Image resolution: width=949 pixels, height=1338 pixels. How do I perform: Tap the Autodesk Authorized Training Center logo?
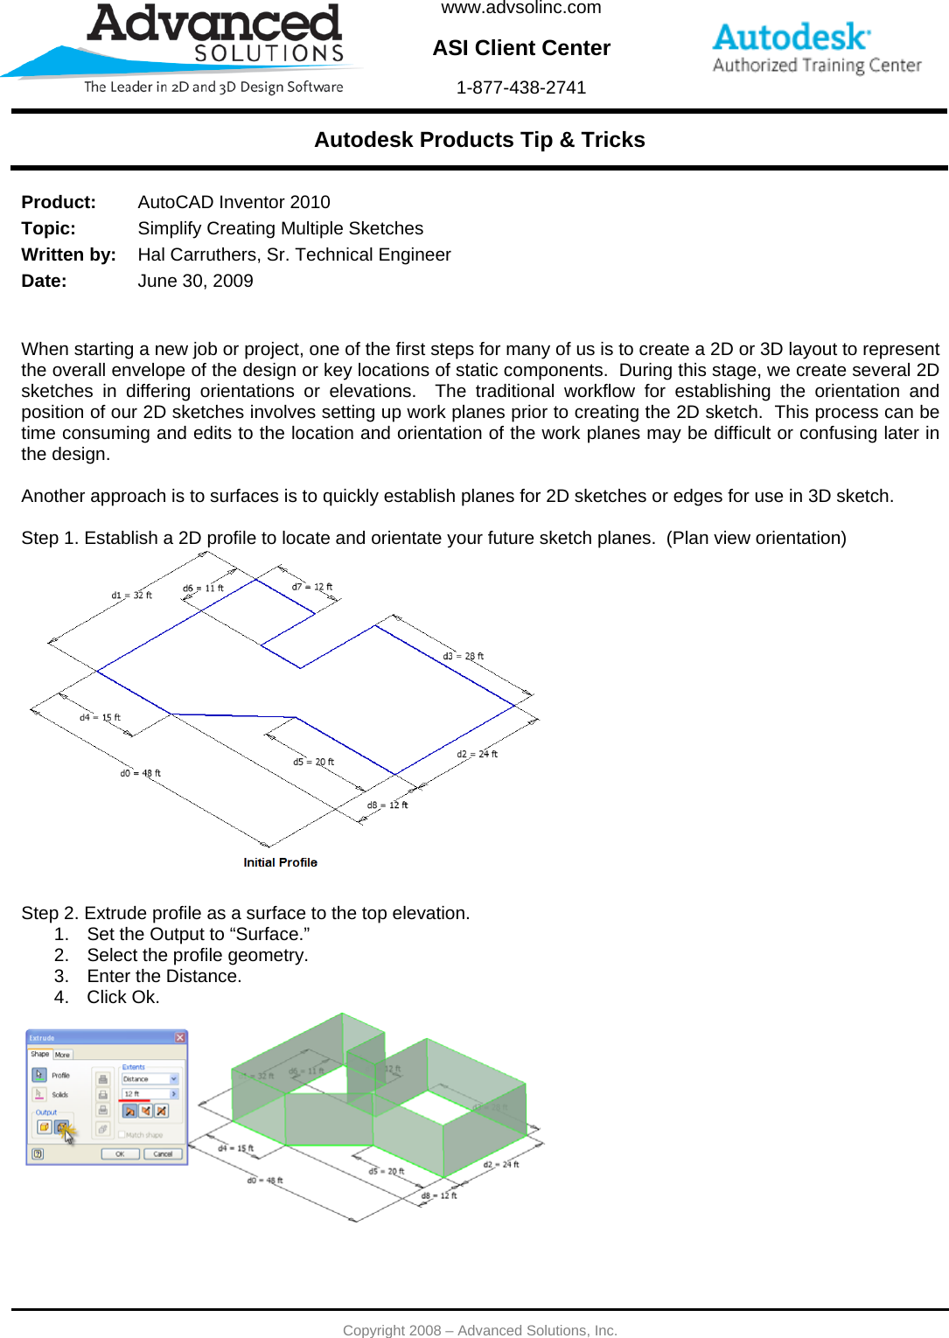[x=816, y=49]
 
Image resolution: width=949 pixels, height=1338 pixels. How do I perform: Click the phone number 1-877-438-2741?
[x=520, y=87]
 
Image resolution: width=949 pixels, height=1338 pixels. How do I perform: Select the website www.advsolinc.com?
[x=520, y=8]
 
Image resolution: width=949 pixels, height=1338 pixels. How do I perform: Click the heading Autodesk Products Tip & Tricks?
[x=479, y=140]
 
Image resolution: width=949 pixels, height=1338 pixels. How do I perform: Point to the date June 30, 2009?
[x=195, y=281]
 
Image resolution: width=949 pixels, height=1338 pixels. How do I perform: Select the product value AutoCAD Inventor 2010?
[x=234, y=202]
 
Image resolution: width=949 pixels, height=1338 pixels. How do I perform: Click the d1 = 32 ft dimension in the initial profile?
[x=131, y=596]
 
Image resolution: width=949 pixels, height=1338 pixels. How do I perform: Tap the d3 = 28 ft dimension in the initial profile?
[x=463, y=656]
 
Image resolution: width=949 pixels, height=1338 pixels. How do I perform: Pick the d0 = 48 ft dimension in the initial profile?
[x=140, y=773]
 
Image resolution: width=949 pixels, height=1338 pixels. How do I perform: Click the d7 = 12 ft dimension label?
[x=312, y=587]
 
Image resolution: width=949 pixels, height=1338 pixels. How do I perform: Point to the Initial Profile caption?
[x=280, y=862]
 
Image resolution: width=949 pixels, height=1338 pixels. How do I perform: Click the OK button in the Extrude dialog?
[x=120, y=1153]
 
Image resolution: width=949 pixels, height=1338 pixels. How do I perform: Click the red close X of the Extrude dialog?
[x=179, y=1038]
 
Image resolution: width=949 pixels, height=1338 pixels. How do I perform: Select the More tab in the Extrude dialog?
[x=62, y=1055]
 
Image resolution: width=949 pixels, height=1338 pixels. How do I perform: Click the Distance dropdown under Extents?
[x=150, y=1079]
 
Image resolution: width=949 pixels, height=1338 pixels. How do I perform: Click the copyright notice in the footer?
[x=479, y=1330]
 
